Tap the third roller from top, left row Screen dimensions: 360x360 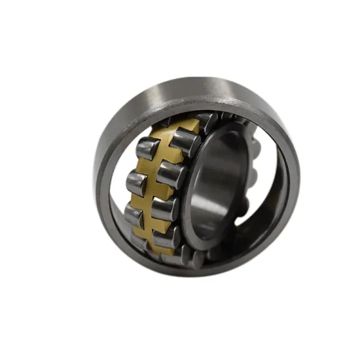click(x=134, y=216)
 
